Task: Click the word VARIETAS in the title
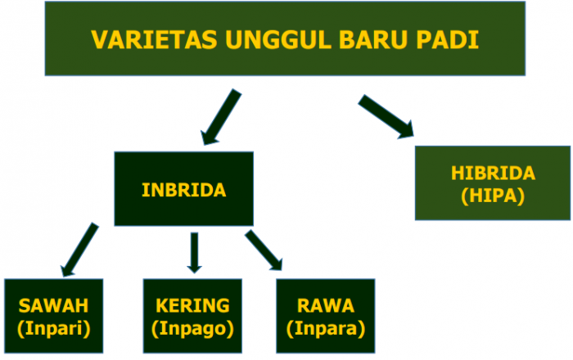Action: (x=154, y=39)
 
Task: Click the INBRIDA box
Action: (x=184, y=189)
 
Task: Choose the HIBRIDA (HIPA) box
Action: (x=493, y=183)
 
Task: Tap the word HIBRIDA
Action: (x=493, y=173)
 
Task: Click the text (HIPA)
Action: (x=493, y=196)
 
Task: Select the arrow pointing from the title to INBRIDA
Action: (x=222, y=117)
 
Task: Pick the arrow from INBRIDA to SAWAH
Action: (x=79, y=250)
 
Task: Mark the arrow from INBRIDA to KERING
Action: (x=195, y=253)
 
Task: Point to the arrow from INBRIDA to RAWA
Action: (x=264, y=250)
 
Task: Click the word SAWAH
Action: (x=54, y=306)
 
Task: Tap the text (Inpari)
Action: (x=54, y=328)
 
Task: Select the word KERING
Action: (x=192, y=306)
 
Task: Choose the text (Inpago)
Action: (x=192, y=328)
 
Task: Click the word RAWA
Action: (x=326, y=306)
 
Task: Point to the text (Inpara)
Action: (x=326, y=328)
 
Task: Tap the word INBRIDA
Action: (x=184, y=190)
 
